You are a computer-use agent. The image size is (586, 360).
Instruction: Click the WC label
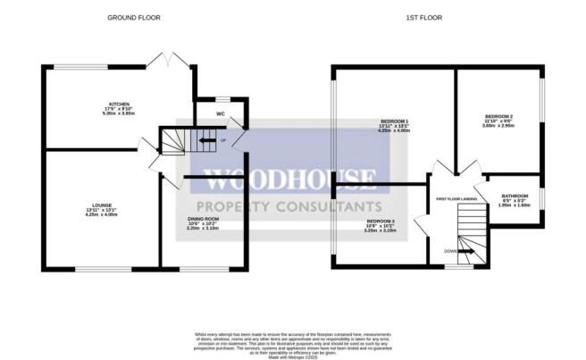219,114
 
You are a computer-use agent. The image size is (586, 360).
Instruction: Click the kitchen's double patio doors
168,61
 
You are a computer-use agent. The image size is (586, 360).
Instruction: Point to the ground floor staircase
177,140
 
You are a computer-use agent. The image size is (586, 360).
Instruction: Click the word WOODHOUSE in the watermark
291,179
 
